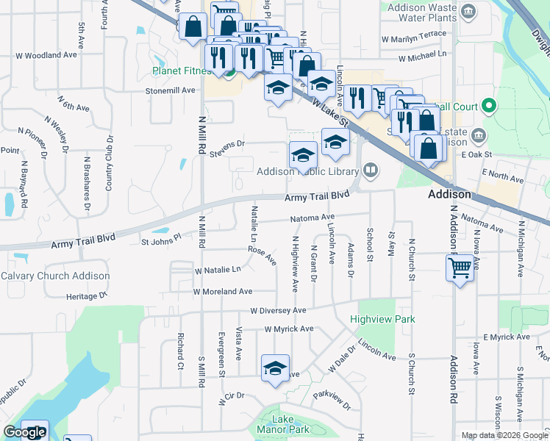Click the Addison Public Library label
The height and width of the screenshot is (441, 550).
point(307,172)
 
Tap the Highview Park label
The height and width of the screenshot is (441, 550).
point(382,320)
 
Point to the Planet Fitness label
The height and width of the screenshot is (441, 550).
point(186,71)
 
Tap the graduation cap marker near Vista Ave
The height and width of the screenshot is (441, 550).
point(275,368)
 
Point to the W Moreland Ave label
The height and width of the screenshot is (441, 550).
point(223,292)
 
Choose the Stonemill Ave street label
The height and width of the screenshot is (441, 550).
point(171,90)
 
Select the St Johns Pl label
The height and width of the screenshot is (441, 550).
point(161,240)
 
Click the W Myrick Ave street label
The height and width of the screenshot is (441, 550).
point(289,329)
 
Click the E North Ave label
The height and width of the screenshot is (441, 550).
point(503,175)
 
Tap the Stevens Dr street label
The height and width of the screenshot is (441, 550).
point(226,149)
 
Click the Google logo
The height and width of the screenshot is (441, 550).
point(24,432)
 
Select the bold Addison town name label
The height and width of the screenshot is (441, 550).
point(449,195)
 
